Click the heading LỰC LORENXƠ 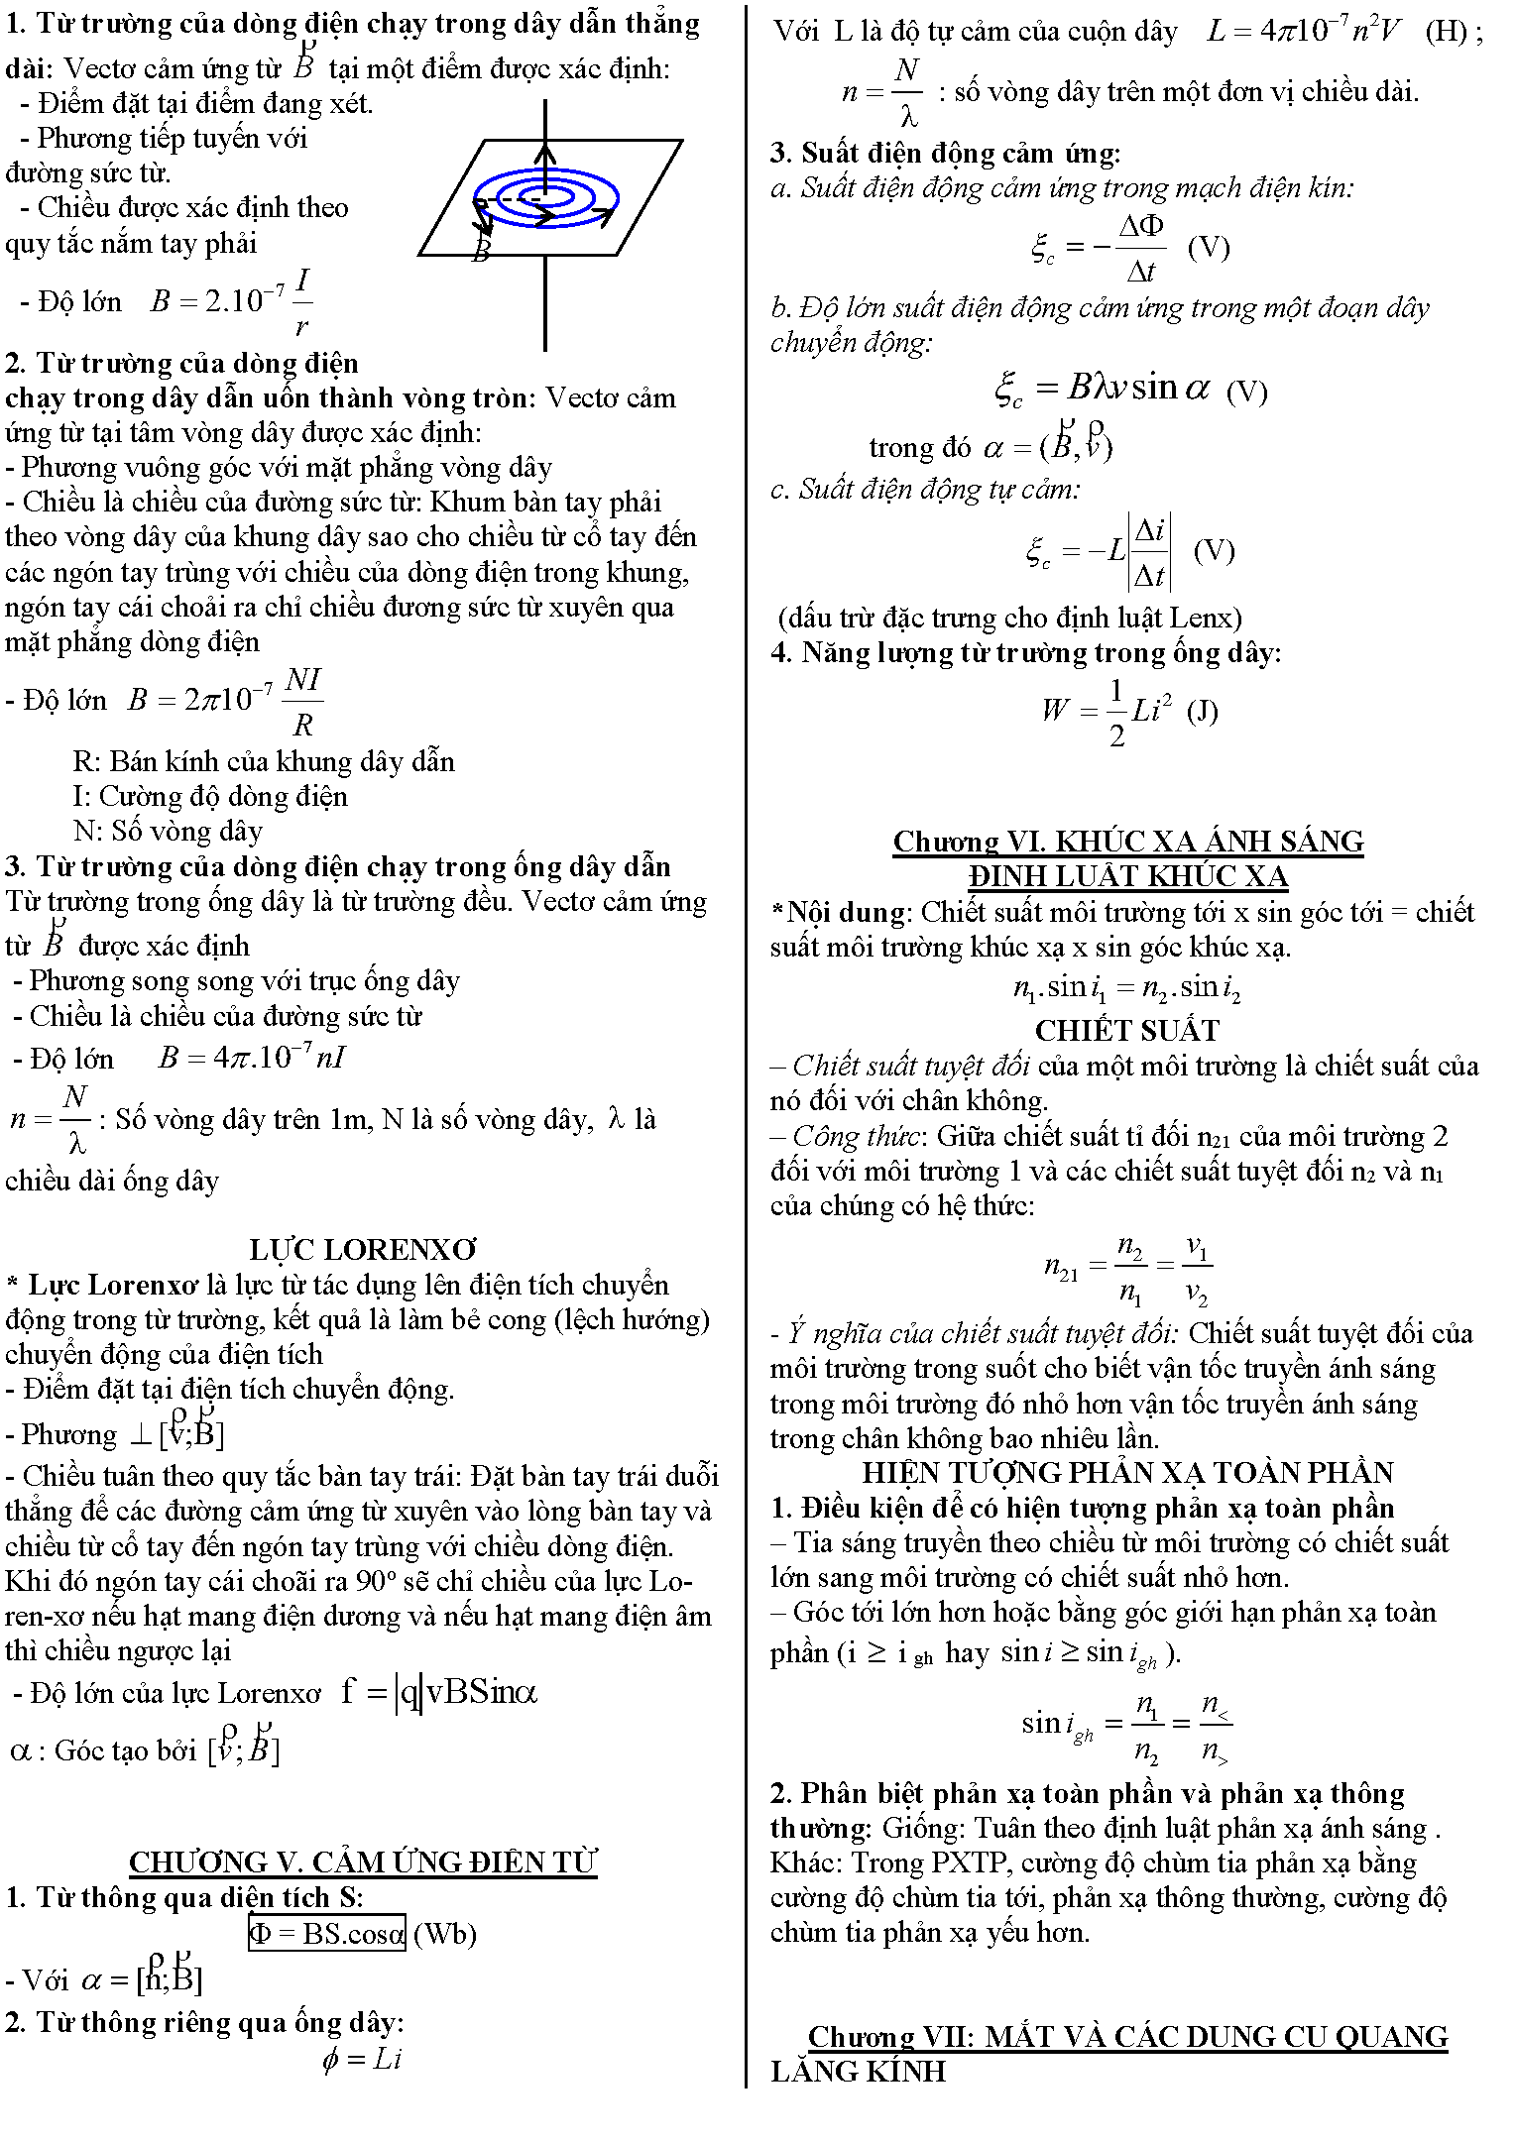click(363, 1249)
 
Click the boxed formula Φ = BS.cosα click(326, 1933)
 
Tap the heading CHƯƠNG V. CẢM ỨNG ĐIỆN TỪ click(363, 1862)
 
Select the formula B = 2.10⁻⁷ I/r click(231, 300)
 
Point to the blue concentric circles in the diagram click(546, 197)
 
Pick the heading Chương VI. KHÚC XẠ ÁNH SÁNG click(1128, 842)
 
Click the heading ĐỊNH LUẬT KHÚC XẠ click(1128, 876)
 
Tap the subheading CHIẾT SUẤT click(1127, 1031)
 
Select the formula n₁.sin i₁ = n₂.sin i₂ click(1127, 988)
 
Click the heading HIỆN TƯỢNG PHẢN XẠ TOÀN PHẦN click(1128, 1473)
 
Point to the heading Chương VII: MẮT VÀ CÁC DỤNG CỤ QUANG click(1128, 2036)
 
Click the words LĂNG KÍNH click(859, 2071)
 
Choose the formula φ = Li click(362, 2059)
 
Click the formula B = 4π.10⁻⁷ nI click(252, 1058)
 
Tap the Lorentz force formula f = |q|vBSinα click(439, 1692)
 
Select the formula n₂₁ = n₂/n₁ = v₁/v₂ click(1127, 1269)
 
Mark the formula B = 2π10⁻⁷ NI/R click(225, 701)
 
